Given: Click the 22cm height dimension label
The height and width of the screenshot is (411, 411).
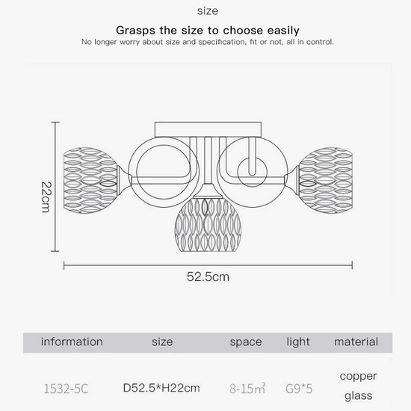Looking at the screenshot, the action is [x=46, y=197].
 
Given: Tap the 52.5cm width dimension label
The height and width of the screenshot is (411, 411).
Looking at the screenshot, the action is [x=208, y=276].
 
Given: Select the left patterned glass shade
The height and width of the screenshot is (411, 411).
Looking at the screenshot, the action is [x=90, y=180].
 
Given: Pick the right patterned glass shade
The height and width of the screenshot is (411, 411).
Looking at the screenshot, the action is [x=325, y=180].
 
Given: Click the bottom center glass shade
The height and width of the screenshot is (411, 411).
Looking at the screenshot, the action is [x=208, y=225].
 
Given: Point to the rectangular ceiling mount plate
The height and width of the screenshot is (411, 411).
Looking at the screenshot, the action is [x=208, y=129].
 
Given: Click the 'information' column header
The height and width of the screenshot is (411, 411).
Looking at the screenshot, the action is [x=72, y=342].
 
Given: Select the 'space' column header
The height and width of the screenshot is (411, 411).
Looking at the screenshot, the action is [x=246, y=342].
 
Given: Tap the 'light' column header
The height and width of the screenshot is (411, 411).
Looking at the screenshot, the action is [x=298, y=342].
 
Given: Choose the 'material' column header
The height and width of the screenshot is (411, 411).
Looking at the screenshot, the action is [x=356, y=342].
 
